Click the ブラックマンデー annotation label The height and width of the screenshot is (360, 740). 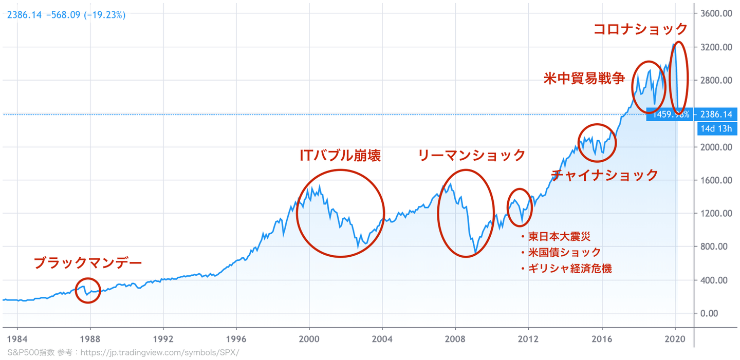pos(87,263)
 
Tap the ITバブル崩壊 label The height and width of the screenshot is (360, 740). pos(340,156)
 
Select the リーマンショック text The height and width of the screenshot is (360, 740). pos(471,156)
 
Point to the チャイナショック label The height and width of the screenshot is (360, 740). pos(604,175)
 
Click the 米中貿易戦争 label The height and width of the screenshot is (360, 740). pos(584,79)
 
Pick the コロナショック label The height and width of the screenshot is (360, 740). pos(640,29)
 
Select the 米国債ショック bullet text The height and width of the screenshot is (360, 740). pos(564,253)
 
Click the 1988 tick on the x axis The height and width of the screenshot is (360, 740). pos(90,339)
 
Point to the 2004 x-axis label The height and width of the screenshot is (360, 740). pos(382,339)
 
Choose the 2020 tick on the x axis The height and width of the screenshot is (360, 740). pos(675,339)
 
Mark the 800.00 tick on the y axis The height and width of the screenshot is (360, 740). pos(716,247)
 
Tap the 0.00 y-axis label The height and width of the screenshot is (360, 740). pos(720,313)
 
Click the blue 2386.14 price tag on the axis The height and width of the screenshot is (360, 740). pos(715,114)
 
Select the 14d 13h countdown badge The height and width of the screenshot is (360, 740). pos(715,128)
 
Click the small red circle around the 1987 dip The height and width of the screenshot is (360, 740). pos(88,291)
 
